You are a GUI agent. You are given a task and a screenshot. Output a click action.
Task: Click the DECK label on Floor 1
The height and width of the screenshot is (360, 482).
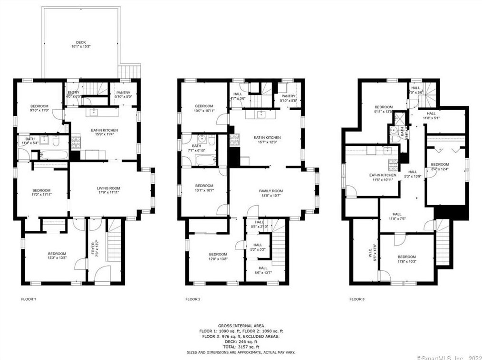81,42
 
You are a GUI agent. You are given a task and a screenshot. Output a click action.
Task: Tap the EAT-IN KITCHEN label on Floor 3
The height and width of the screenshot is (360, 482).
383,175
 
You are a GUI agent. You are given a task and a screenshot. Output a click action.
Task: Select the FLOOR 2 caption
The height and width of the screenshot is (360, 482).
193,299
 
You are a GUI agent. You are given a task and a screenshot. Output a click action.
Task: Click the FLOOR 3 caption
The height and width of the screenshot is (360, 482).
357,299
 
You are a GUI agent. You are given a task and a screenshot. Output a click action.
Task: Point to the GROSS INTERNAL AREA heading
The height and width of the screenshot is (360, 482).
241,326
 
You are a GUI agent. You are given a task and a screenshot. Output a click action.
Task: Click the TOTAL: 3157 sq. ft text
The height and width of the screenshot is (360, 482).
241,347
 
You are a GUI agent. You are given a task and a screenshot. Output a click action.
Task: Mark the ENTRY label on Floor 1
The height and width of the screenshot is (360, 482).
74,93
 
